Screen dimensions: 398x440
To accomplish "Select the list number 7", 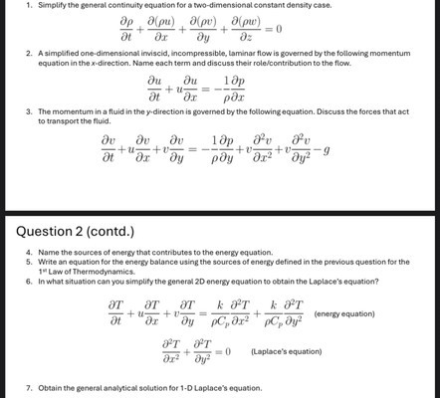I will point(30,385).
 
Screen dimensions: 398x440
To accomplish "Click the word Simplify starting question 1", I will point(53,6).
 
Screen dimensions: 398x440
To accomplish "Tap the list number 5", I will point(30,262).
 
